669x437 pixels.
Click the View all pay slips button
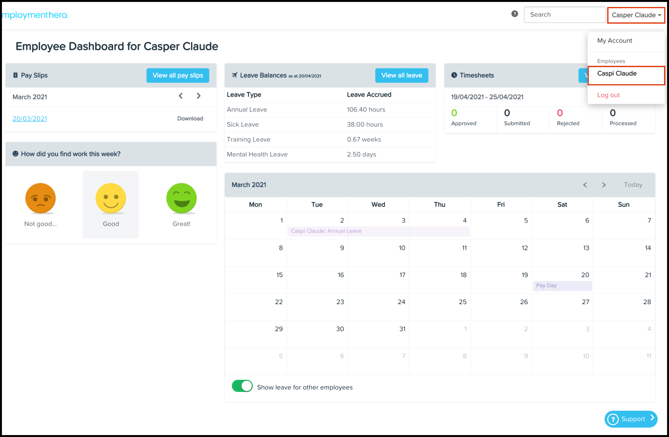tap(178, 75)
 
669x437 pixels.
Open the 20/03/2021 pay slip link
tap(29, 118)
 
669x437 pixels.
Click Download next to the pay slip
tap(190, 118)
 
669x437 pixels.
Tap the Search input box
tap(564, 15)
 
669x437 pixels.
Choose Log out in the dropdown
tap(608, 95)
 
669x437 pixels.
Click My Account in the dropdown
tap(614, 41)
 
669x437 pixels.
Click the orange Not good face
tap(41, 198)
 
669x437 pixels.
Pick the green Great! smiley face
tap(181, 198)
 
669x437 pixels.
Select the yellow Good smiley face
tap(111, 198)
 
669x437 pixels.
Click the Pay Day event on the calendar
tap(562, 286)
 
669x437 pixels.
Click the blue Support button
tap(630, 419)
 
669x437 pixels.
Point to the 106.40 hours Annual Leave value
tap(366, 109)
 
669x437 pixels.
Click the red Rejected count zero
tap(560, 113)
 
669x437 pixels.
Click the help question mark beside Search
tap(514, 14)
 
